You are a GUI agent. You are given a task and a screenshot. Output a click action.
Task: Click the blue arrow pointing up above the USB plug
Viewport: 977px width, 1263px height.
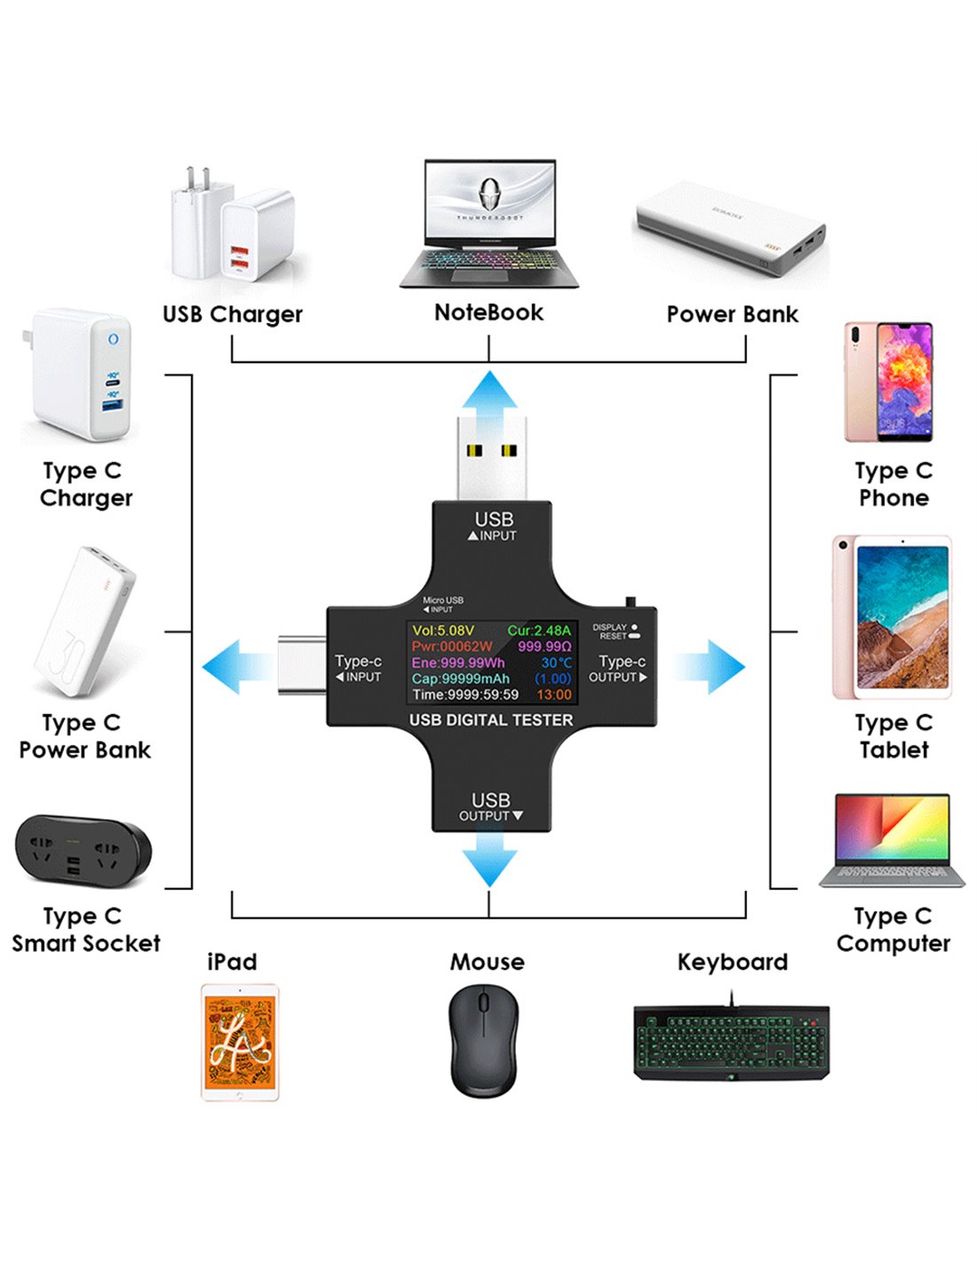click(x=488, y=390)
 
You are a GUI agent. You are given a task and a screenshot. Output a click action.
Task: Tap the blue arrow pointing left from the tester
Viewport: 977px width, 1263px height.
click(x=233, y=666)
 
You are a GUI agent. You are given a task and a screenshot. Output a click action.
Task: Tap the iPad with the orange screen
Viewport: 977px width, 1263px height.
click(x=240, y=1042)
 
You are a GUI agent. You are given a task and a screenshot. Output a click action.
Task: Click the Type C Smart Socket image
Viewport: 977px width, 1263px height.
click(x=83, y=851)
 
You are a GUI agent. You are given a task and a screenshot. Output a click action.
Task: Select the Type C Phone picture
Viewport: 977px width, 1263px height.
click(x=889, y=382)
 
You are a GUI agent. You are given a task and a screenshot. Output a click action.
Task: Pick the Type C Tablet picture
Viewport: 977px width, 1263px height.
click(x=892, y=617)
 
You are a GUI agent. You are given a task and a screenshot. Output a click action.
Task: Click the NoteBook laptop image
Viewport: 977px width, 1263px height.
click(x=489, y=224)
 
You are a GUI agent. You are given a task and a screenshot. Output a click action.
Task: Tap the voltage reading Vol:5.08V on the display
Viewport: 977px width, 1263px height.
click(x=443, y=631)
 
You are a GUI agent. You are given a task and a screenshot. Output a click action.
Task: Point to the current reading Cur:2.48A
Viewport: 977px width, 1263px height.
click(x=539, y=631)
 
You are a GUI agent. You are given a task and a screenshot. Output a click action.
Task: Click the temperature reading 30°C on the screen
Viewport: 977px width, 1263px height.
click(x=557, y=663)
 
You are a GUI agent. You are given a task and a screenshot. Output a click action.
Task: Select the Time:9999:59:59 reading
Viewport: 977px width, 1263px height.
click(x=465, y=695)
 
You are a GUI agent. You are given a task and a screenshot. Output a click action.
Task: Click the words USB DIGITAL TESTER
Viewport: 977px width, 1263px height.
click(x=491, y=719)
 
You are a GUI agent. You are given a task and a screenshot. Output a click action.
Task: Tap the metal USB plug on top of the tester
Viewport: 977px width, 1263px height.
click(x=491, y=457)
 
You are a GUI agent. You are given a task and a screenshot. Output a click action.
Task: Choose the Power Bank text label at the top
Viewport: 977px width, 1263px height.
click(x=732, y=314)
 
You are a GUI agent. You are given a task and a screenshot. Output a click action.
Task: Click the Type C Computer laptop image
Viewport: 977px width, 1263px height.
click(x=892, y=840)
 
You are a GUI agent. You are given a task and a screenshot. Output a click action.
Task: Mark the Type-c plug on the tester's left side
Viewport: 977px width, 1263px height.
click(x=302, y=664)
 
